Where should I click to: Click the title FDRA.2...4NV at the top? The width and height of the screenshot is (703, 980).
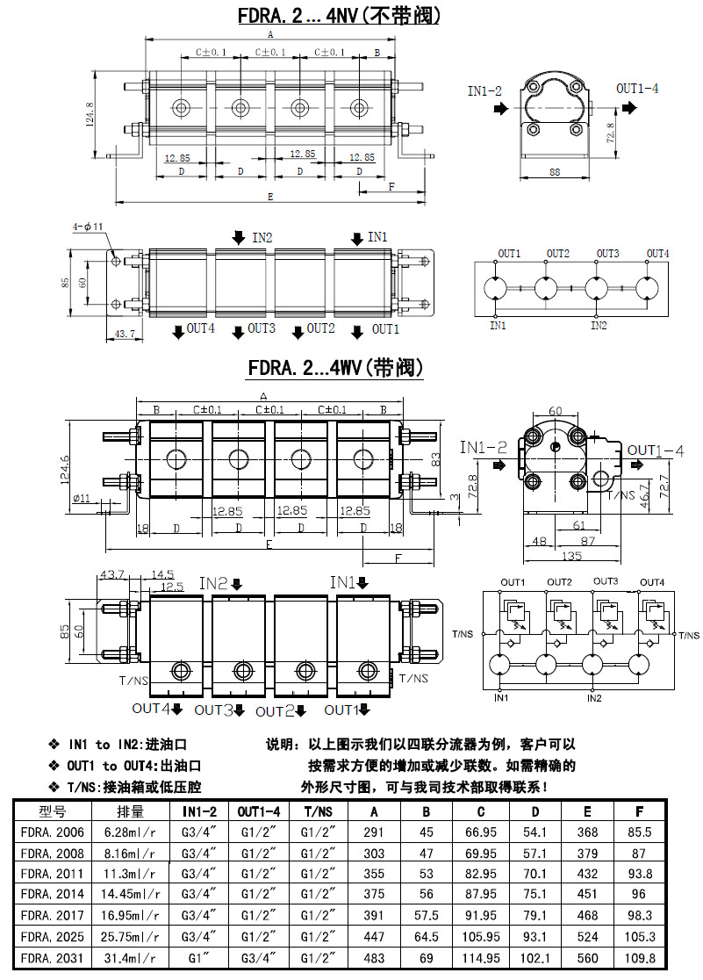point(339,15)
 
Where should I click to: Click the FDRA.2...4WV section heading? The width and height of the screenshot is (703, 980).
point(336,367)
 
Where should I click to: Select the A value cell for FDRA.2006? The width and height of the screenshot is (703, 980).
point(374,832)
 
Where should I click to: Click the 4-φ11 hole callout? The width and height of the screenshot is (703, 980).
point(88,227)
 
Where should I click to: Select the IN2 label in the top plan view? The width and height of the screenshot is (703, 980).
point(262,237)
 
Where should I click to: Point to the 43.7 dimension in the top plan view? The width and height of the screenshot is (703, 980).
point(126,334)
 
